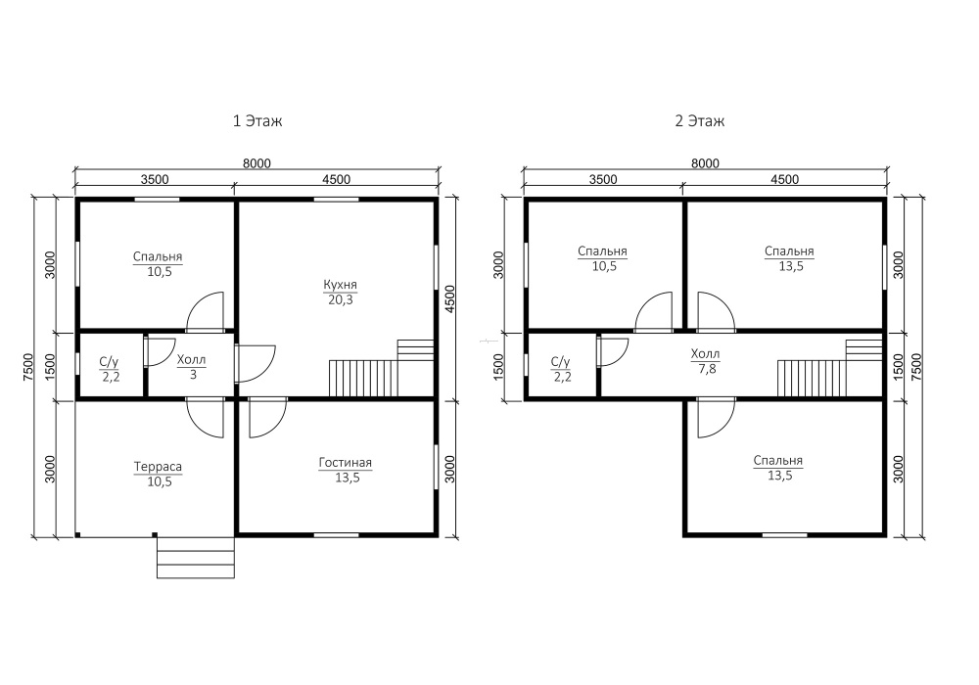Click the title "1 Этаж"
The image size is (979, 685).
point(257,120)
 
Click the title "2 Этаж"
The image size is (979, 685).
point(699,120)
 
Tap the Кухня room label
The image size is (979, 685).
point(341,285)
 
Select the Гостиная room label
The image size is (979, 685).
point(346,463)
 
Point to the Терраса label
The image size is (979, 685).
point(158,467)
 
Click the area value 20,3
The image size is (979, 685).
point(341,300)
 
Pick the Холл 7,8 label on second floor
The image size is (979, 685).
point(706,361)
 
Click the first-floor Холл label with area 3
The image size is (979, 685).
point(191,367)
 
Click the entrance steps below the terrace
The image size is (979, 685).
point(196,557)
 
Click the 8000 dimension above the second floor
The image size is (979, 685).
point(705,162)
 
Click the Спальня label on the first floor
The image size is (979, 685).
point(158,256)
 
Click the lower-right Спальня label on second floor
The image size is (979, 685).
point(778,460)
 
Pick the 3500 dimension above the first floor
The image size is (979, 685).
point(155,179)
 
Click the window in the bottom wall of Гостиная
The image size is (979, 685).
point(336,534)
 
